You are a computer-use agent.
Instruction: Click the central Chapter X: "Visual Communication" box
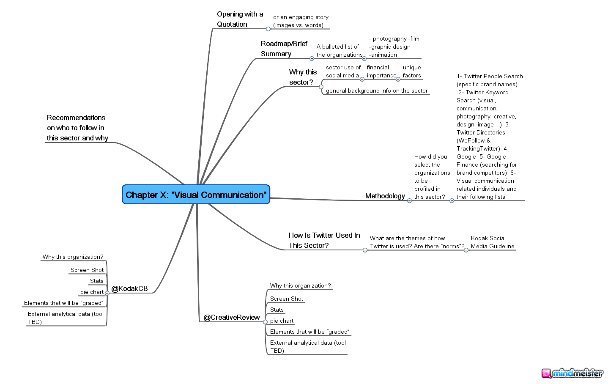[196, 195]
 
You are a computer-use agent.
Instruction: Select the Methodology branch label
[385, 196]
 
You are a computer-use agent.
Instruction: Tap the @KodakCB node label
[129, 288]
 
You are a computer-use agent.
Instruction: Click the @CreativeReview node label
[232, 317]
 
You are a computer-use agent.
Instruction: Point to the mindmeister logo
[572, 373]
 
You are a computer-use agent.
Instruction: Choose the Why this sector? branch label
[303, 77]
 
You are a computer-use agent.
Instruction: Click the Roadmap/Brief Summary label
[284, 49]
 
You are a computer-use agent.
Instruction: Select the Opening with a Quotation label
[240, 19]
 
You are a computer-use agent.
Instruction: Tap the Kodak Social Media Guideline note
[493, 242]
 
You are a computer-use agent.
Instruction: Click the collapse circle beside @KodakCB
[107, 293]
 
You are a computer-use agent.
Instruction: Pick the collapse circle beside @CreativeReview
[265, 322]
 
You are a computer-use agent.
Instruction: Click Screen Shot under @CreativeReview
[287, 299]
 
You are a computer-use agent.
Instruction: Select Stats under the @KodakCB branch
[96, 281]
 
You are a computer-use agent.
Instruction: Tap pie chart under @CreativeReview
[282, 321]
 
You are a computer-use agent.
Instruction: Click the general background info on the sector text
[377, 91]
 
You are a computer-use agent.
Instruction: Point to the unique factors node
[411, 71]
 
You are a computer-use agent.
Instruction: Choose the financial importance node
[381, 71]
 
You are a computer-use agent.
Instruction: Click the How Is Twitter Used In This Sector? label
[324, 240]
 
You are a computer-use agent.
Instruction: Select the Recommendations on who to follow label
[77, 128]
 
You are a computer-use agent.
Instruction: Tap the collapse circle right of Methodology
[409, 200]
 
